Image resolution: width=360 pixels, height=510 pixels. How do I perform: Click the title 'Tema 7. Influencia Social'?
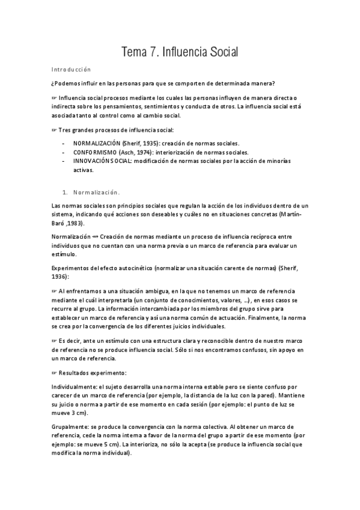(180, 52)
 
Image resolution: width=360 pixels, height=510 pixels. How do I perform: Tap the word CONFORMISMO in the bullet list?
(94, 153)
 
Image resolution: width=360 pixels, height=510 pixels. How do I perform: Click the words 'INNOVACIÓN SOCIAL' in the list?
(103, 161)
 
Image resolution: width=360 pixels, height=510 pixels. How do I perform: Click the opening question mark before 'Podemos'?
(54, 83)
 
